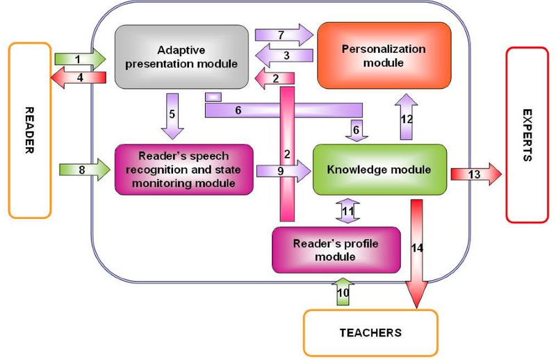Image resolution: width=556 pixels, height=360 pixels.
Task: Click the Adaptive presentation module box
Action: [182, 56]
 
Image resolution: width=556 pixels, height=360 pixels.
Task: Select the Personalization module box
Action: [384, 56]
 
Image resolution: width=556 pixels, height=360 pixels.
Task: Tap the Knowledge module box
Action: [379, 169]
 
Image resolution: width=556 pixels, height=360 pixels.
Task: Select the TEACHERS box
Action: [370, 332]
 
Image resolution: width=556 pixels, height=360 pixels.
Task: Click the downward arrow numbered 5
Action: [172, 114]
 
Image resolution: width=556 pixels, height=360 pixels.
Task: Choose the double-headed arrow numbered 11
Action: [345, 210]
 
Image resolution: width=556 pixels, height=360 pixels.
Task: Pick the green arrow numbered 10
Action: [343, 292]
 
